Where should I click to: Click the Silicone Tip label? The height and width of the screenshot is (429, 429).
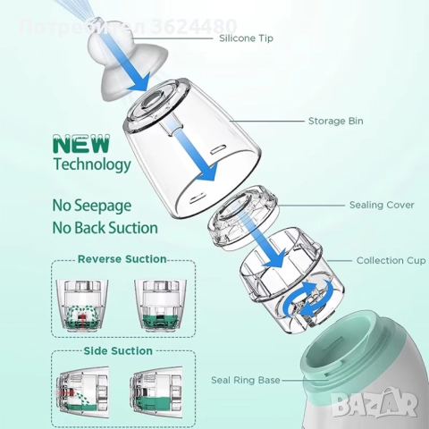coord(246,38)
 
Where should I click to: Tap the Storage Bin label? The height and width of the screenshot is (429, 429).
coord(336,121)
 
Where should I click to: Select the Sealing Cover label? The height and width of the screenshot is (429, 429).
coord(382,205)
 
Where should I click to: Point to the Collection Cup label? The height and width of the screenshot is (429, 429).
coord(391,260)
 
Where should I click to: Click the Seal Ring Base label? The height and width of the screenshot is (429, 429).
coord(246,380)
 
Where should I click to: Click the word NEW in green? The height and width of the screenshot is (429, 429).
coord(81,144)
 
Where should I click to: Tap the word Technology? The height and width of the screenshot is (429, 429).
coord(92,164)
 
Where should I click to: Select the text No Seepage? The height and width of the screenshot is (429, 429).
coord(92,206)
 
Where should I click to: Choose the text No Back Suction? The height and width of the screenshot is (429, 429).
coord(105,228)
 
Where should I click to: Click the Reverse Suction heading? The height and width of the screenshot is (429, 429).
coord(122,259)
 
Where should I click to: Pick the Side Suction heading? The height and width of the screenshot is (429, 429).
coord(118,350)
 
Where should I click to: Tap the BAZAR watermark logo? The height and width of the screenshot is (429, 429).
coord(375,402)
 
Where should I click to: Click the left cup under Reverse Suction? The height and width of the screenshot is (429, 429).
coord(82,306)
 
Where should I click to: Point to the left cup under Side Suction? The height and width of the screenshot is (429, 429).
coord(82,390)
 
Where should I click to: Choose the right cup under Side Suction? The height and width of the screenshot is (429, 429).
coord(156,390)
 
